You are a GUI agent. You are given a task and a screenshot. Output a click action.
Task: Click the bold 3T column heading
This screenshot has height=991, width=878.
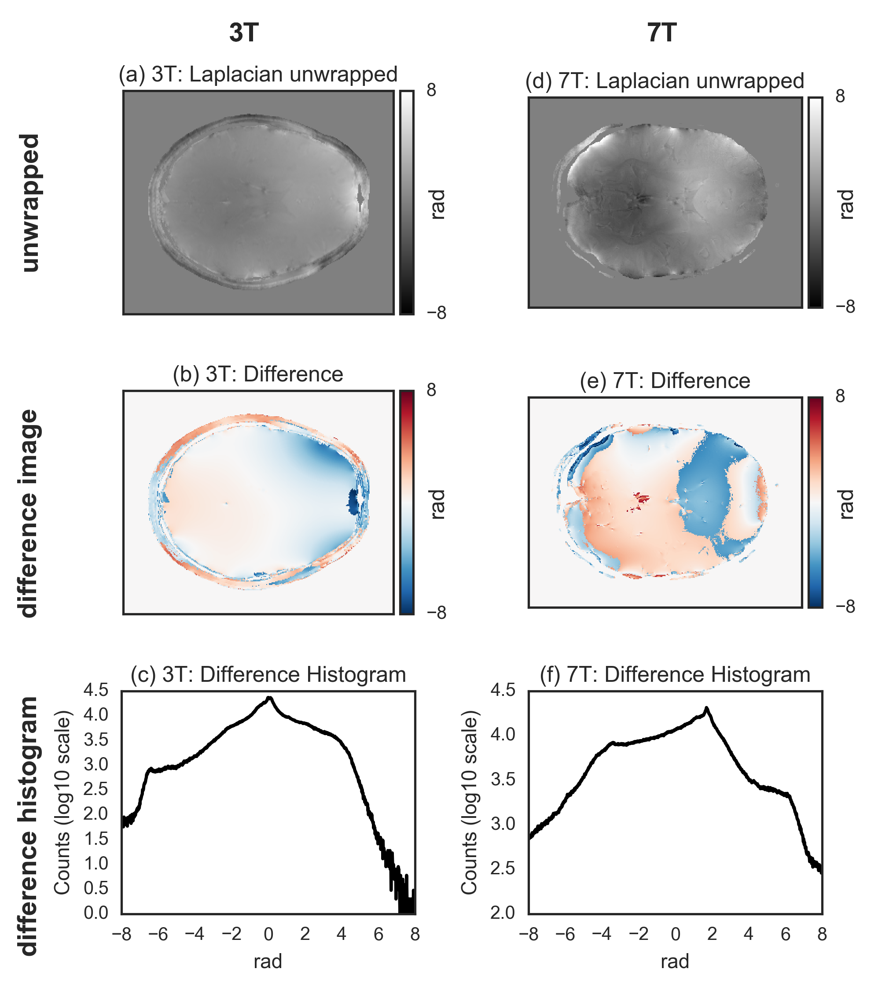(x=244, y=33)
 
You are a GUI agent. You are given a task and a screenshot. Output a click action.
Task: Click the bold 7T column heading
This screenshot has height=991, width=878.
(x=662, y=33)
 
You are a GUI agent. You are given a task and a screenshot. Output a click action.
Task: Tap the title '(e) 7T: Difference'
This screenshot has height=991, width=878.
(x=665, y=381)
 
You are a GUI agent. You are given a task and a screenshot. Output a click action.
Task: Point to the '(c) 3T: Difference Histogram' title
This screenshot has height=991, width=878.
(x=268, y=674)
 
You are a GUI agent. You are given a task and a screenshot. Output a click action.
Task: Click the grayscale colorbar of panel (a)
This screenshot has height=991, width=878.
(x=407, y=203)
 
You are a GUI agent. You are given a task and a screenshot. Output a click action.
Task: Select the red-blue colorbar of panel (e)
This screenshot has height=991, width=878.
(x=816, y=502)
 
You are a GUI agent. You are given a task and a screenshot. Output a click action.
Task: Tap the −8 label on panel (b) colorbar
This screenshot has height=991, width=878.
(x=437, y=613)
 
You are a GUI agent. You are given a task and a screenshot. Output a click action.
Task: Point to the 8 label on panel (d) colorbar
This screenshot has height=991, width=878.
(x=841, y=96)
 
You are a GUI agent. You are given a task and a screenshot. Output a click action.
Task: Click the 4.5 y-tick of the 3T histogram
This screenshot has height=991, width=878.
(x=96, y=690)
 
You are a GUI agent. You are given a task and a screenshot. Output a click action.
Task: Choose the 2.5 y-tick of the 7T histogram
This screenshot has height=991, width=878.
(x=503, y=868)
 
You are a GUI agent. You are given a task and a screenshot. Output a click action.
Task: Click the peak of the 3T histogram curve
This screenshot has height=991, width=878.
(x=269, y=698)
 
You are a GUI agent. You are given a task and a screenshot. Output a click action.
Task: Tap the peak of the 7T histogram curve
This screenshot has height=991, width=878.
(x=706, y=709)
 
